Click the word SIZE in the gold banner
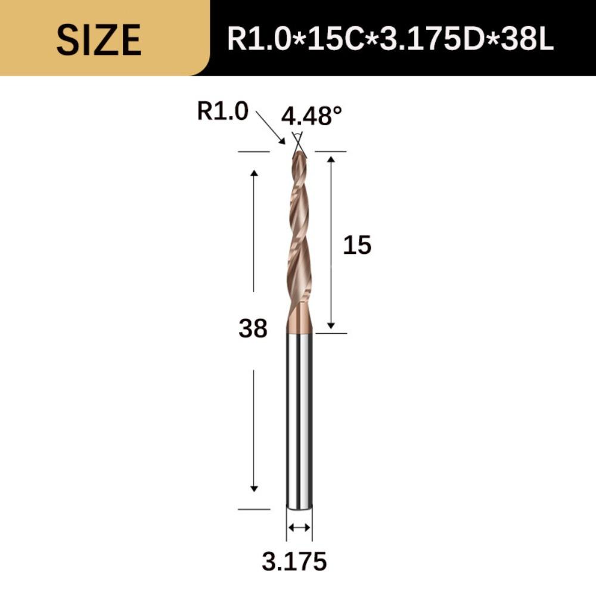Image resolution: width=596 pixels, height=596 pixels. (x=99, y=40)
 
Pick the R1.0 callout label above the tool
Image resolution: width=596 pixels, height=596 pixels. (x=222, y=111)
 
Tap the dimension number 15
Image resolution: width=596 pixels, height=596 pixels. (x=357, y=245)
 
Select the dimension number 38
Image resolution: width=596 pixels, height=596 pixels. (x=253, y=329)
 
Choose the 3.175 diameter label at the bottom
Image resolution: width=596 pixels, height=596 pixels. (x=294, y=561)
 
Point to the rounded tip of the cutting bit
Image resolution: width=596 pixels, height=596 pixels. (x=299, y=154)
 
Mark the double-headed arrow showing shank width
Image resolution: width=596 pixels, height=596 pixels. (x=299, y=527)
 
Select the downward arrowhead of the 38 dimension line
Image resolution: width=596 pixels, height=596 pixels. (x=254, y=488)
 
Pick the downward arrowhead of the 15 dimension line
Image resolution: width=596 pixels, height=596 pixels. (x=331, y=325)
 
